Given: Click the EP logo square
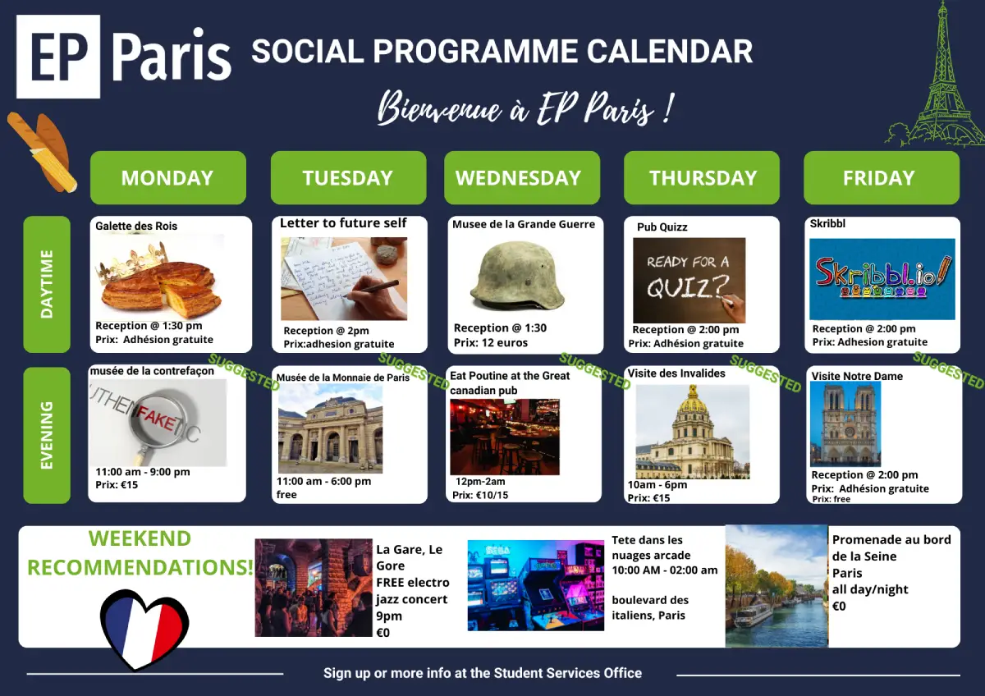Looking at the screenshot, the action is (x=58, y=57).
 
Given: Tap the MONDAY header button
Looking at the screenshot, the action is (x=168, y=177).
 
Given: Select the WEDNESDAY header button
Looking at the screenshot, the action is (x=522, y=177).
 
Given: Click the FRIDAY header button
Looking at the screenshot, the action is (x=882, y=177).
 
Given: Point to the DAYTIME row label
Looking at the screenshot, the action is (x=47, y=284).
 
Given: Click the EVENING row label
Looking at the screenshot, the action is (x=47, y=435).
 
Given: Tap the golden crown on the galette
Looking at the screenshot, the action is (x=131, y=263).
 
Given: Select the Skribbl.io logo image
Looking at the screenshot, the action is (x=882, y=279).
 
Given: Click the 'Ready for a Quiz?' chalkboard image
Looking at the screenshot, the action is (x=689, y=280).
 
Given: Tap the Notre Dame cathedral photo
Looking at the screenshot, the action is (x=845, y=424).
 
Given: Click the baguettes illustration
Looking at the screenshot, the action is (x=43, y=152).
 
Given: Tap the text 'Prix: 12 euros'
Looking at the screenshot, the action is (x=491, y=342).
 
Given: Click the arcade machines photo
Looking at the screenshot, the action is (x=535, y=585).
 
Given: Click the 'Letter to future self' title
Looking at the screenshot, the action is (x=343, y=223).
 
